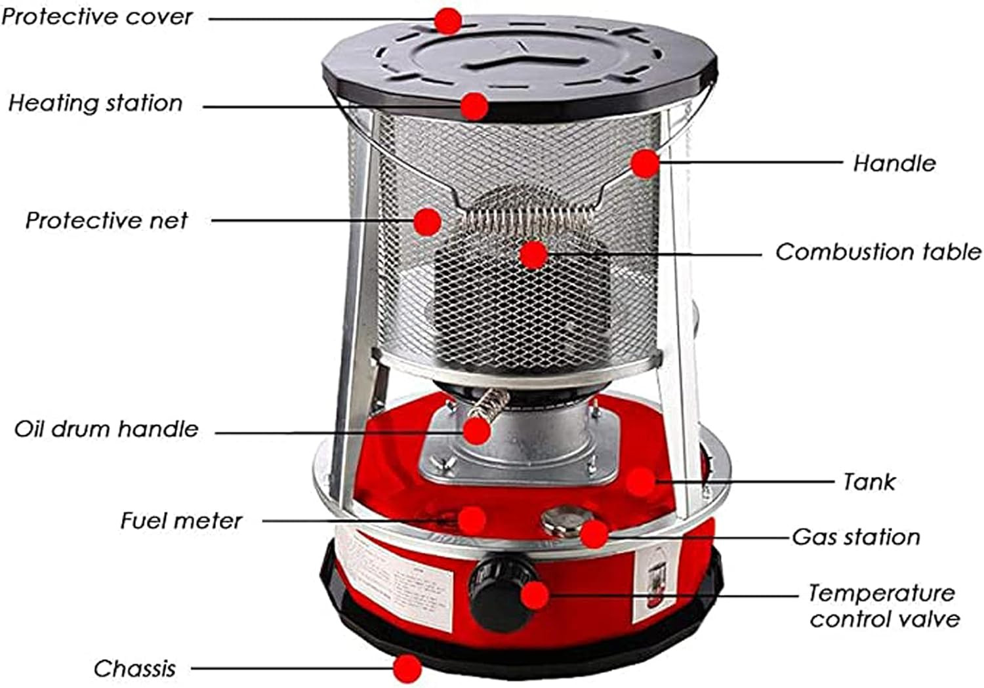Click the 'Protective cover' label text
click(x=97, y=17)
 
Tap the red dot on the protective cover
click(x=447, y=20)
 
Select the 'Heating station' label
click(x=96, y=103)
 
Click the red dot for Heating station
click(x=474, y=106)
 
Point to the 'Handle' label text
click(x=893, y=163)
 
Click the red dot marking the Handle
click(x=646, y=163)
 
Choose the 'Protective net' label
click(x=106, y=220)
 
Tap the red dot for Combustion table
click(x=533, y=254)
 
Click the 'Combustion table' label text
click(x=878, y=252)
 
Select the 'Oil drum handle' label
click(x=106, y=430)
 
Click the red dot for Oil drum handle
click(x=476, y=431)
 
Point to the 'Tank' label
click(x=869, y=482)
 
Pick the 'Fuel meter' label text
click(x=181, y=521)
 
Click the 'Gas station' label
click(x=855, y=537)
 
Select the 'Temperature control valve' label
click(x=883, y=606)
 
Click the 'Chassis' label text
click(x=134, y=669)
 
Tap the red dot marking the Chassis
click(x=407, y=668)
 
